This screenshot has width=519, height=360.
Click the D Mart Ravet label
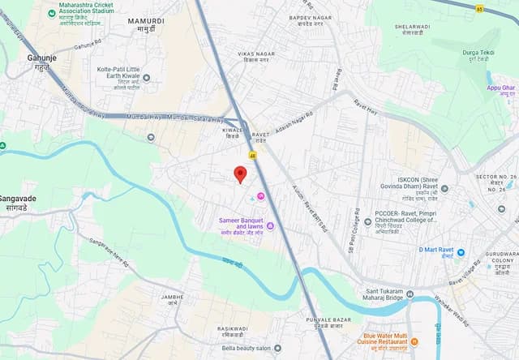[x=441, y=252]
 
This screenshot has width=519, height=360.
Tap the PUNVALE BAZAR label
[x=329, y=322]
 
